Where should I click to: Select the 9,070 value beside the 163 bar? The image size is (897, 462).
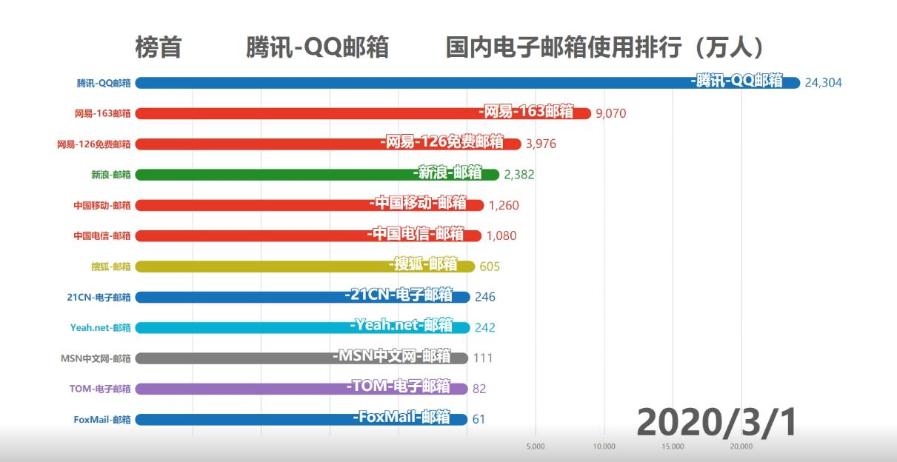point(611,114)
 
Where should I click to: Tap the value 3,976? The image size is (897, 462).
point(541,144)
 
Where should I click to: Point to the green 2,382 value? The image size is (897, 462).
point(518,175)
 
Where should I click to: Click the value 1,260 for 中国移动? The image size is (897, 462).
point(504,205)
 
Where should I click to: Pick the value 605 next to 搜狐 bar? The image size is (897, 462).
point(490,267)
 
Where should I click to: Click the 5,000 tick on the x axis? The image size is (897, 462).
point(536,446)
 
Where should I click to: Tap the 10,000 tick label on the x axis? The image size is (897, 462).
point(604,446)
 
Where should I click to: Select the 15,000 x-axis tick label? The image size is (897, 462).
point(673,446)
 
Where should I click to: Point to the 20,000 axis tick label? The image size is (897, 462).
point(741,446)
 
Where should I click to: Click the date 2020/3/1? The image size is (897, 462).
point(716,422)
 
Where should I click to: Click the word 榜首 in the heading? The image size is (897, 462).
point(158,48)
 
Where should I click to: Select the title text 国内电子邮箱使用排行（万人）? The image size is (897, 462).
point(605,48)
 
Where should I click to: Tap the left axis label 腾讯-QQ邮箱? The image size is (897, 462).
point(104,83)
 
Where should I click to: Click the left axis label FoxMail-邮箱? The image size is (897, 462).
point(102,419)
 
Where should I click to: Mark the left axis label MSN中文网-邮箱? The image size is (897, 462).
point(96,358)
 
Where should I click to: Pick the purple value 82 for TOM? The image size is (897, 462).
point(479,389)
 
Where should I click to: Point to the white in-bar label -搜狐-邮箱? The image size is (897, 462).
point(422,264)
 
